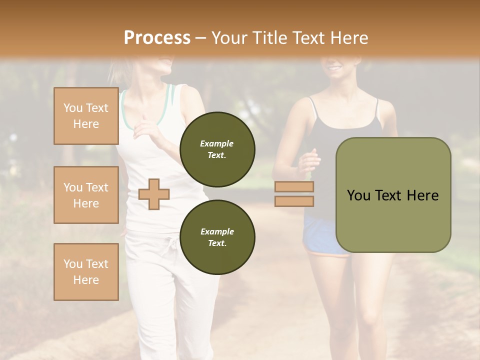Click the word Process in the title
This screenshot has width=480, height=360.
(x=157, y=37)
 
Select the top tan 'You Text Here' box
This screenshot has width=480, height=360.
(x=86, y=116)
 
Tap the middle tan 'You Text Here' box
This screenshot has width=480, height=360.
(x=86, y=195)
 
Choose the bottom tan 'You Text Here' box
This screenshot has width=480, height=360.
(x=86, y=272)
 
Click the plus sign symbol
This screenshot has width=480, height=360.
(x=154, y=194)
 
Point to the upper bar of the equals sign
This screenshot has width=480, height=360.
(x=294, y=187)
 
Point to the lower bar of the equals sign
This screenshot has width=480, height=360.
(x=294, y=201)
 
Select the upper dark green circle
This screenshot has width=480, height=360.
(x=217, y=149)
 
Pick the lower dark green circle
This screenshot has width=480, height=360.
(x=217, y=237)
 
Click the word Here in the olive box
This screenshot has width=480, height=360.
(x=423, y=195)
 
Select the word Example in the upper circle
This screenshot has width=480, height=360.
(x=217, y=143)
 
